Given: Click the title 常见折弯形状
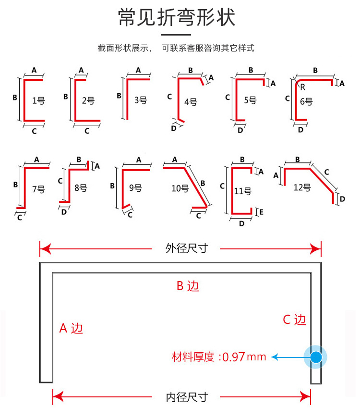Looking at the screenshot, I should click(x=177, y=18).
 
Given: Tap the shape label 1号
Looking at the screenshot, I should click(x=38, y=100).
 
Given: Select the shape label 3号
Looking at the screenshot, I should click(x=140, y=100).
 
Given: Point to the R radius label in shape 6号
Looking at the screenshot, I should click(x=303, y=87).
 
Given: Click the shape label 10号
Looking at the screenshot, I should click(x=180, y=188).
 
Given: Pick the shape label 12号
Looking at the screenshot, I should click(x=302, y=187).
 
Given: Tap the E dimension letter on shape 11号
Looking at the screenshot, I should click(x=261, y=211).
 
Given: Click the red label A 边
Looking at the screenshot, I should click(x=71, y=328).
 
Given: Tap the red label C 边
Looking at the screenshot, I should click(x=294, y=320).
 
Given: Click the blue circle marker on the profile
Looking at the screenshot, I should click(x=316, y=357).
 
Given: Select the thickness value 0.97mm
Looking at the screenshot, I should click(x=244, y=357).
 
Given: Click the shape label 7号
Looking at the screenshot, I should click(x=38, y=189).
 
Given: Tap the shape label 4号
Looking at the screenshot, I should click(x=191, y=101).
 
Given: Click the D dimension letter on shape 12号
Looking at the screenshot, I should click(x=342, y=199).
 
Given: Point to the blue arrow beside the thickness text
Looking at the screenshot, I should click(x=288, y=357).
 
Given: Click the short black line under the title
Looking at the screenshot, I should click(x=176, y=35).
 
